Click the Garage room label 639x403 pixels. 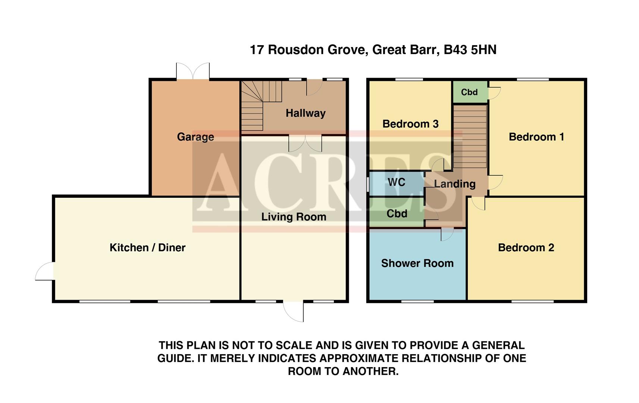pyautogui.click(x=195, y=137)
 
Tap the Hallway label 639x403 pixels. pyautogui.click(x=306, y=113)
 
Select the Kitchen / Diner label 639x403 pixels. pyautogui.click(x=147, y=247)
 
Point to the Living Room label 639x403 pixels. pyautogui.click(x=294, y=217)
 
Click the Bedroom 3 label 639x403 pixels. pyautogui.click(x=410, y=124)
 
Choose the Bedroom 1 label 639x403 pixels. pyautogui.click(x=536, y=137)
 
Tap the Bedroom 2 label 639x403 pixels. pyautogui.click(x=526, y=247)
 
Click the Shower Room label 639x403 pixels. pyautogui.click(x=417, y=263)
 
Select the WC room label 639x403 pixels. pyautogui.click(x=396, y=182)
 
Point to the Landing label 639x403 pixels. pyautogui.click(x=455, y=184)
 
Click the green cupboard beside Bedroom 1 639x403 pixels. pyautogui.click(x=469, y=92)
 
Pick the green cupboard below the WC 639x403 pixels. pyautogui.click(x=397, y=213)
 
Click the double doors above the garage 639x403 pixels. pyautogui.click(x=193, y=72)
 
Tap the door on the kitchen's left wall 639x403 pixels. pyautogui.click(x=45, y=271)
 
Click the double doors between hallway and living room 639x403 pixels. pyautogui.click(x=305, y=143)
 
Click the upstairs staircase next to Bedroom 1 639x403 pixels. pyautogui.click(x=470, y=137)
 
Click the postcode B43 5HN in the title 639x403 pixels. pyautogui.click(x=470, y=50)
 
